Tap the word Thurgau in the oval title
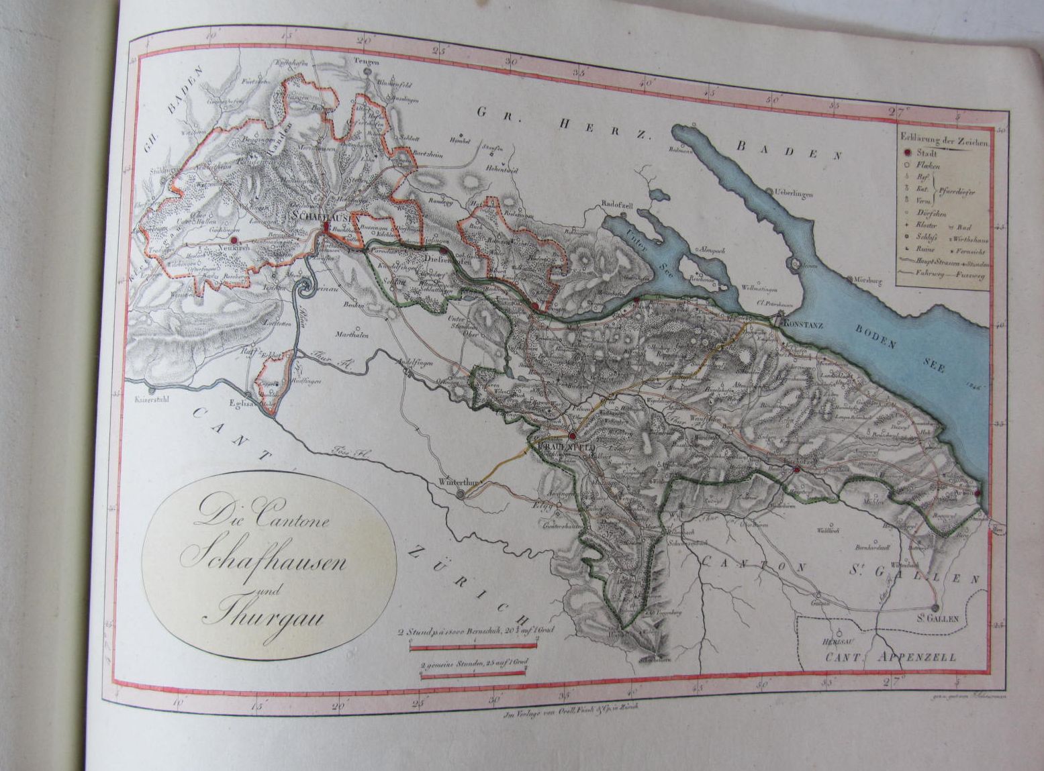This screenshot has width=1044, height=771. pyautogui.click(x=252, y=615)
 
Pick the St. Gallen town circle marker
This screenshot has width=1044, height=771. pyautogui.click(x=935, y=609)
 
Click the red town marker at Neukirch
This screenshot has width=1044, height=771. pyautogui.click(x=234, y=240)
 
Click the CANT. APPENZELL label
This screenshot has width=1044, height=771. pyautogui.click(x=890, y=657)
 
